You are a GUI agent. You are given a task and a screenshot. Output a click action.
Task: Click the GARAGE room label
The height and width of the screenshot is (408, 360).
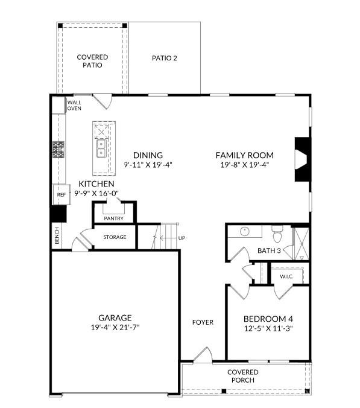click(115, 317)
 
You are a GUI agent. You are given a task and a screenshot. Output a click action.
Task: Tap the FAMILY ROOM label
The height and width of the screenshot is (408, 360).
click(245, 155)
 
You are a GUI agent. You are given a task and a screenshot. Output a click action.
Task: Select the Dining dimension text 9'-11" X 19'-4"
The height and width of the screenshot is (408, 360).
click(148, 165)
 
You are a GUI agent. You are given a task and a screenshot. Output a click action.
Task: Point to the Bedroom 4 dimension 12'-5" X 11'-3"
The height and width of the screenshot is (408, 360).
click(268, 328)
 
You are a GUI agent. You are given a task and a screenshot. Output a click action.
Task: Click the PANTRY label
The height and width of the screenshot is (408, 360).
click(113, 218)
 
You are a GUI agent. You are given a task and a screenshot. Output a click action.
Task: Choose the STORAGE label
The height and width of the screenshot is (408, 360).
click(115, 237)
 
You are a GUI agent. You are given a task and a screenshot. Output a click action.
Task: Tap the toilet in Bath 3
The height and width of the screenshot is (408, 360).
click(277, 234)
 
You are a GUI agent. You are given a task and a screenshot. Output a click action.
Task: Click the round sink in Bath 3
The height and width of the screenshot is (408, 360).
click(245, 231)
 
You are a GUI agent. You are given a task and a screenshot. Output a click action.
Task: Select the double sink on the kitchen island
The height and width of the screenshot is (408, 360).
click(101, 148)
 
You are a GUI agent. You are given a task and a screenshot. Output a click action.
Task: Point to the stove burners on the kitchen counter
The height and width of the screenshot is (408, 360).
click(58, 150)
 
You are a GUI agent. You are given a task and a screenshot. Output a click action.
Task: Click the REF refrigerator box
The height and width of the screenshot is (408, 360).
click(62, 194)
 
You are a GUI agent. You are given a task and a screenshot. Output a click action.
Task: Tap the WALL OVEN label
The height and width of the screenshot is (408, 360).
click(74, 106)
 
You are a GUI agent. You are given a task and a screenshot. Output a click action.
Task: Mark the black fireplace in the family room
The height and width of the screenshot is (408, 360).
click(302, 159)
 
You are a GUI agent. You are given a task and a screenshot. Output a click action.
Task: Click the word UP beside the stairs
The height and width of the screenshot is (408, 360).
click(182, 238)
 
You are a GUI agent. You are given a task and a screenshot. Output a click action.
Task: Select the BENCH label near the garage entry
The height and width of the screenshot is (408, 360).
click(57, 236)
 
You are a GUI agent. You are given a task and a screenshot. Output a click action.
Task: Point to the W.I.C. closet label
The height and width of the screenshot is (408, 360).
click(286, 276)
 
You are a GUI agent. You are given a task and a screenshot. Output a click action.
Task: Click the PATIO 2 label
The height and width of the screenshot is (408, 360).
click(165, 58)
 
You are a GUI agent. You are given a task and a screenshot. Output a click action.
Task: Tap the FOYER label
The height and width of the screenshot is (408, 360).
click(203, 322)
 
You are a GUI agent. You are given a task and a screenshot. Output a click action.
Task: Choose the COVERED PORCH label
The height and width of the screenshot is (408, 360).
click(243, 376)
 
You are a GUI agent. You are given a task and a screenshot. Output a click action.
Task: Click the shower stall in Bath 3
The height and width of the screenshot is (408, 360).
click(302, 244)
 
